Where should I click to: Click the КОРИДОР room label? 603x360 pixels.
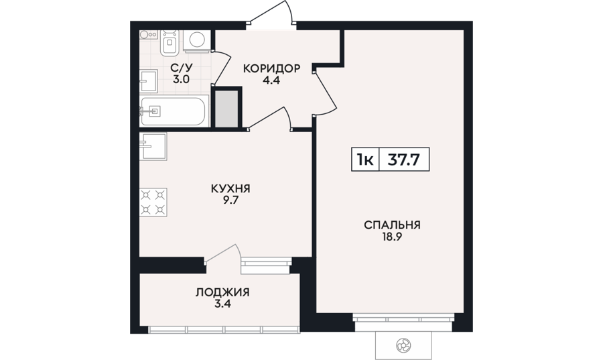tap(271, 68)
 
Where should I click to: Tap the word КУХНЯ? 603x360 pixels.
tap(230, 189)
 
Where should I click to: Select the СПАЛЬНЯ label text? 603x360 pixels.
tap(392, 225)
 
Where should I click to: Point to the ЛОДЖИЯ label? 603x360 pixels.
tap(222, 292)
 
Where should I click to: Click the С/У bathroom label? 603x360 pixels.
tap(182, 68)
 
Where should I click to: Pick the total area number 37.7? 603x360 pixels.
tap(403, 160)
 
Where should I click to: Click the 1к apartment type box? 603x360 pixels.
tap(365, 160)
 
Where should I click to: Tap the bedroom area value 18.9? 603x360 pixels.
tap(392, 237)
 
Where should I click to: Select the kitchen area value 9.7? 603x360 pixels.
tap(230, 200)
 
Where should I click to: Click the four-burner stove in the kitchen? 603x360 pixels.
tap(153, 202)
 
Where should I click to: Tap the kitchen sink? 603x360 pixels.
tap(153, 146)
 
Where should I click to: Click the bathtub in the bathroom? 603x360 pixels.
tap(174, 111)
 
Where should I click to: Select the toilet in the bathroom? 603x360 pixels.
tap(170, 42)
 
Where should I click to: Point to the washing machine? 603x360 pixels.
tap(197, 40)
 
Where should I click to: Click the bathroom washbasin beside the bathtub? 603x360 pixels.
tap(149, 81)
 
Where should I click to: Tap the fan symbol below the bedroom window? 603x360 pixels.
tap(403, 345)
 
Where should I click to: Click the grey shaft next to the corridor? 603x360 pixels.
tap(226, 109)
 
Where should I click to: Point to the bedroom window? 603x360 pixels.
tap(403, 319)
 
